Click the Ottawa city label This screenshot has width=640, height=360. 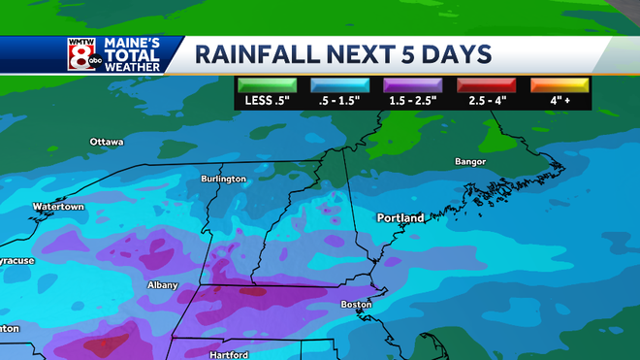click(x=107, y=142)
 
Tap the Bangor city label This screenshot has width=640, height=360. click(x=470, y=161)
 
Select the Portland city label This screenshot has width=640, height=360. click(x=400, y=218)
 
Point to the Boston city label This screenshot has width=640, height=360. click(x=356, y=305)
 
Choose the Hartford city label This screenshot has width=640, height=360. click(x=229, y=354)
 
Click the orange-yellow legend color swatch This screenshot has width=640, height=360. click(x=558, y=84)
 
